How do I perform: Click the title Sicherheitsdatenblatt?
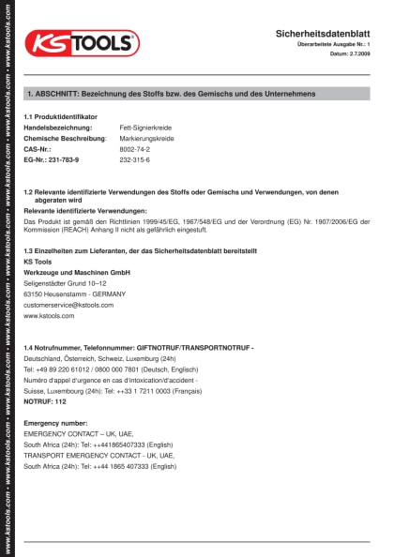point(323,33)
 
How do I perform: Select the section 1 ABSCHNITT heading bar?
point(197,95)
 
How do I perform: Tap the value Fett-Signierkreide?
point(146,127)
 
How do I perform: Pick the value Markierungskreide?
point(147,138)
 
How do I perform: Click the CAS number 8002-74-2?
point(135,149)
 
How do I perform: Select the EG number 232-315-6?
point(135,160)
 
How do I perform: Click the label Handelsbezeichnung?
point(58,127)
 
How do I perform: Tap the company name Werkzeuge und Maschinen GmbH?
point(77,271)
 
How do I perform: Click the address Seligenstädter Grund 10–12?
point(66,282)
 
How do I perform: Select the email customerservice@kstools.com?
point(68,305)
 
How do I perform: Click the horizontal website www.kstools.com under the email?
point(49,316)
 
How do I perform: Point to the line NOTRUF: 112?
point(45,401)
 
